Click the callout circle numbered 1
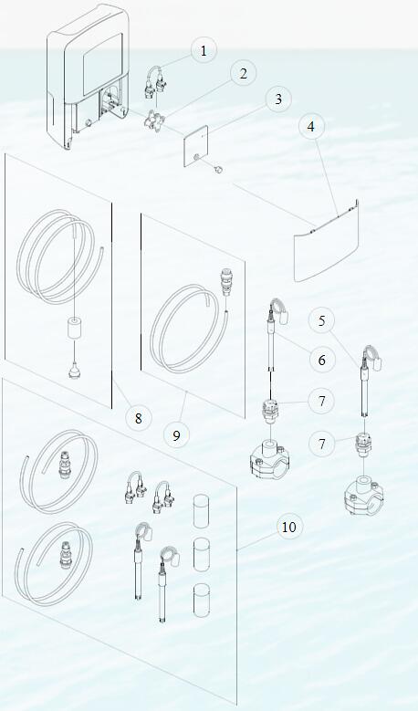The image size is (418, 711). coord(204,50)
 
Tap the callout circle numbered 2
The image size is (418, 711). coord(242,74)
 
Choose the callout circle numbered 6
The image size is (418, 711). coord(321,360)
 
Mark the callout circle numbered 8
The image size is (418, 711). coord(139,418)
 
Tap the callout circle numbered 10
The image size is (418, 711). coord(288,527)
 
